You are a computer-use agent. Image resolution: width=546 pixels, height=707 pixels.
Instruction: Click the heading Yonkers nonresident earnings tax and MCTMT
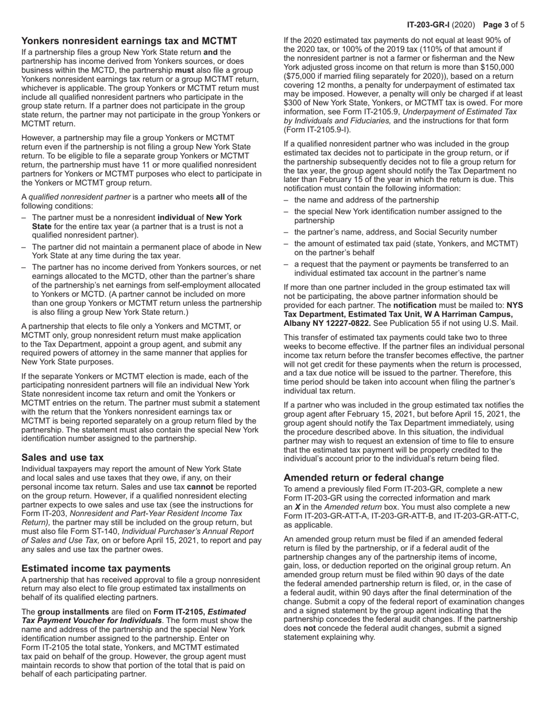129,41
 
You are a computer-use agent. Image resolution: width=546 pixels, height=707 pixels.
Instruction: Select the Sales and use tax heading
62,458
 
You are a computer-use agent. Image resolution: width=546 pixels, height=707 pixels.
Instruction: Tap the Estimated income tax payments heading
96,568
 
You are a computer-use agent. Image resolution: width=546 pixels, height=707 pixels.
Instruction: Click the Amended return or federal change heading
364,478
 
